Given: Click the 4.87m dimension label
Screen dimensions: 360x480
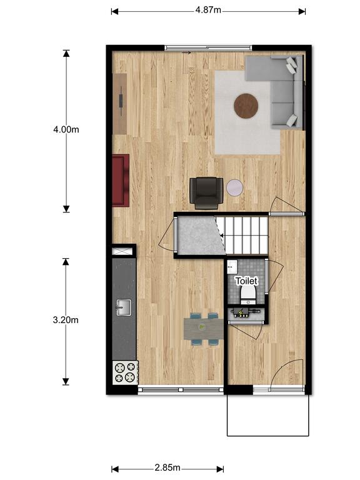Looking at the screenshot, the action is click(x=208, y=10).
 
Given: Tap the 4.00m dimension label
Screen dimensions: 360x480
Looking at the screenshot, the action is click(x=66, y=129).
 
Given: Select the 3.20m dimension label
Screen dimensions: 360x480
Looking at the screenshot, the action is click(x=66, y=320).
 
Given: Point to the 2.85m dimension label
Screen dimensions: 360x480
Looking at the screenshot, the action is click(x=167, y=467).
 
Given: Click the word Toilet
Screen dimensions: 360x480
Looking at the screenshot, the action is click(x=246, y=281).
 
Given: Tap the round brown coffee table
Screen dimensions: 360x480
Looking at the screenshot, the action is click(x=246, y=105).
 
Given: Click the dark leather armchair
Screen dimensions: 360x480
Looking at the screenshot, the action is click(x=206, y=194).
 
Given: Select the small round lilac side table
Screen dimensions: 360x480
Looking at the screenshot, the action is click(x=235, y=187).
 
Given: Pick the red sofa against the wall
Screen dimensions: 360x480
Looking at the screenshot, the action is click(x=121, y=180).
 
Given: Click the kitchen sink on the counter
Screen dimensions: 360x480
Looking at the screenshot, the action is click(x=124, y=307).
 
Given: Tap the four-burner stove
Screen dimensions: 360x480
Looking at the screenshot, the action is click(x=125, y=372).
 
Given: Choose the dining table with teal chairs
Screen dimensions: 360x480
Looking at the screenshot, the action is click(x=204, y=329).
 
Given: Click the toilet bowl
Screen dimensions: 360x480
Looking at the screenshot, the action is click(x=248, y=295).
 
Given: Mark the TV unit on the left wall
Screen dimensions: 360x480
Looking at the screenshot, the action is click(x=120, y=104).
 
